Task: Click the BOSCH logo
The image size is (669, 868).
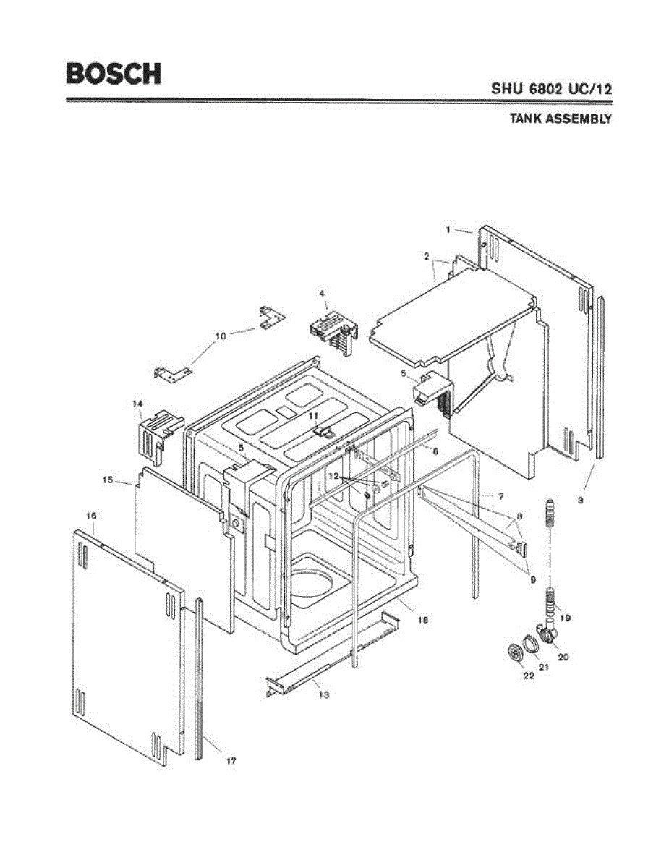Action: tap(114, 74)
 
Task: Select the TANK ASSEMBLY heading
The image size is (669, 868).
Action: tap(561, 119)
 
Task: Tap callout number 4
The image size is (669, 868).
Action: tap(323, 293)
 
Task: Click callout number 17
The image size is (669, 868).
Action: tap(231, 761)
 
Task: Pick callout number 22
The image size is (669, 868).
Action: tap(529, 676)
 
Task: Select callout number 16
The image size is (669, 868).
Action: tap(91, 516)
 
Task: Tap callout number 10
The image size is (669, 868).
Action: tap(221, 336)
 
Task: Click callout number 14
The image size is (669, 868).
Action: tap(137, 404)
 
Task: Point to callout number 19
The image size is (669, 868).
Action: tap(566, 618)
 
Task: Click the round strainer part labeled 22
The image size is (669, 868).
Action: tap(516, 652)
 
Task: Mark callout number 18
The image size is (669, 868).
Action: tap(423, 620)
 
